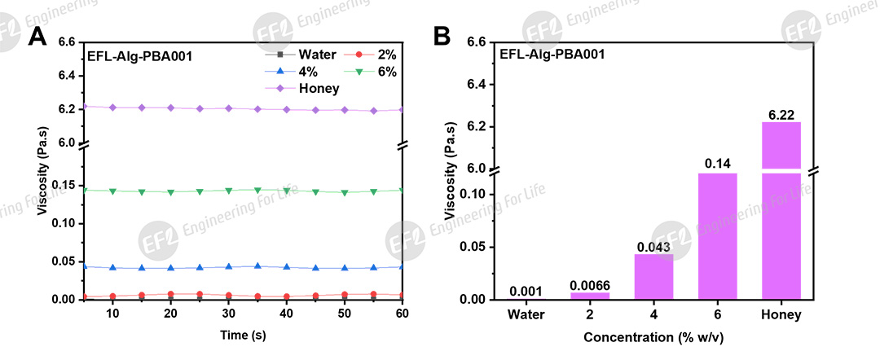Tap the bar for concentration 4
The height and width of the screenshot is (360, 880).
coord(653,277)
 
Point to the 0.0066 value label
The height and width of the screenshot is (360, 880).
coord(590,286)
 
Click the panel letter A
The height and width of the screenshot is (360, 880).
coord(37,37)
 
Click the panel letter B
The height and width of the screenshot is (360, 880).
coord(441,37)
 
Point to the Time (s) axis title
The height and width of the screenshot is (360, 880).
coord(244,335)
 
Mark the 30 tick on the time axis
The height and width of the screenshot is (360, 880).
coord(229,314)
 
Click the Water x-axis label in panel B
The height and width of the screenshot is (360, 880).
coord(526,314)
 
